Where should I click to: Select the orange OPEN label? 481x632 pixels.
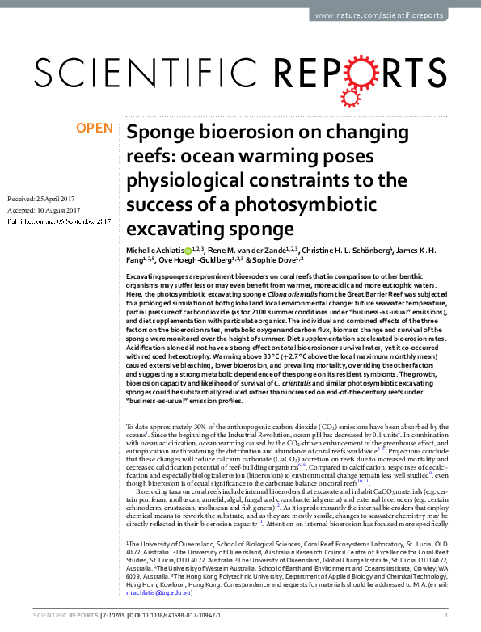[x=95, y=129]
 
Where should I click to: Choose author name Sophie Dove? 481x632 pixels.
[x=272, y=262]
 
